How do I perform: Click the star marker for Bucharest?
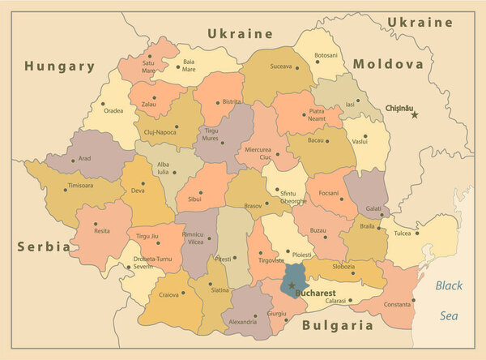292,285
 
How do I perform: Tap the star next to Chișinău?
415,115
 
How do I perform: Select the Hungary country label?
59,66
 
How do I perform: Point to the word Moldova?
388,63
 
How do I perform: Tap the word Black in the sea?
449,285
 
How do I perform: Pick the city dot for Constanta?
413,299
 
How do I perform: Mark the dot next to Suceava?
296,68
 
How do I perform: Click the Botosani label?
326,55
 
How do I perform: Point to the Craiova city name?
168,294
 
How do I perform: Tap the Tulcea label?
402,234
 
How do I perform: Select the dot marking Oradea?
103,103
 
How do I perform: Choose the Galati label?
373,208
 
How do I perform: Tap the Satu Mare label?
148,66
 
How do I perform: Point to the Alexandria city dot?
255,315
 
